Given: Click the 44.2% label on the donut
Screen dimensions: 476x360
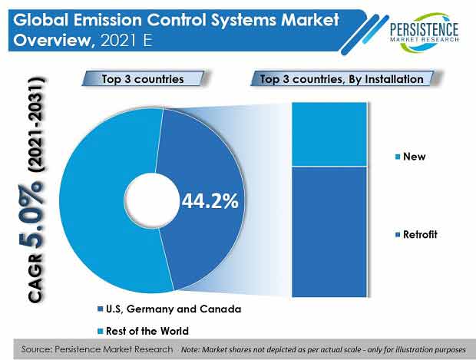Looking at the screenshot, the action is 210,200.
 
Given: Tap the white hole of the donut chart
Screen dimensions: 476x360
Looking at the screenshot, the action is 152,200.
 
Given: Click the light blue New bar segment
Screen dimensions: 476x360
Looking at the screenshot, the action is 329,134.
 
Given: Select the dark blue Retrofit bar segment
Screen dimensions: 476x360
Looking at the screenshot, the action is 329,232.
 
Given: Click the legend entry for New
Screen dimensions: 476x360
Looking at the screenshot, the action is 411,157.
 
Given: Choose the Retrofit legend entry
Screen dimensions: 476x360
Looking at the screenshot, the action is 416,235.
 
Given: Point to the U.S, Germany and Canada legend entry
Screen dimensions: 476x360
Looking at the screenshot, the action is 169,309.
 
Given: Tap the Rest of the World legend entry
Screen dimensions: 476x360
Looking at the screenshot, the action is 143,331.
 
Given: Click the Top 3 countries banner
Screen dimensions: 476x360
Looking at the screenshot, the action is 143,79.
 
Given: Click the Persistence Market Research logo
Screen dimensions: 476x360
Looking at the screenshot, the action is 424,32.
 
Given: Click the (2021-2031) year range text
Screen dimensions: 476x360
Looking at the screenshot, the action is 36,125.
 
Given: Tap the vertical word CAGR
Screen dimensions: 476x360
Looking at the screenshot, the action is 35,277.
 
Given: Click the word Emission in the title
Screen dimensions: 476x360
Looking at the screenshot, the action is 107,20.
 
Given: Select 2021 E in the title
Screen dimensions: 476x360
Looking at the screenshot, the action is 126,41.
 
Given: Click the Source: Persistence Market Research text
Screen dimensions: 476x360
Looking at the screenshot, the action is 97,349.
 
